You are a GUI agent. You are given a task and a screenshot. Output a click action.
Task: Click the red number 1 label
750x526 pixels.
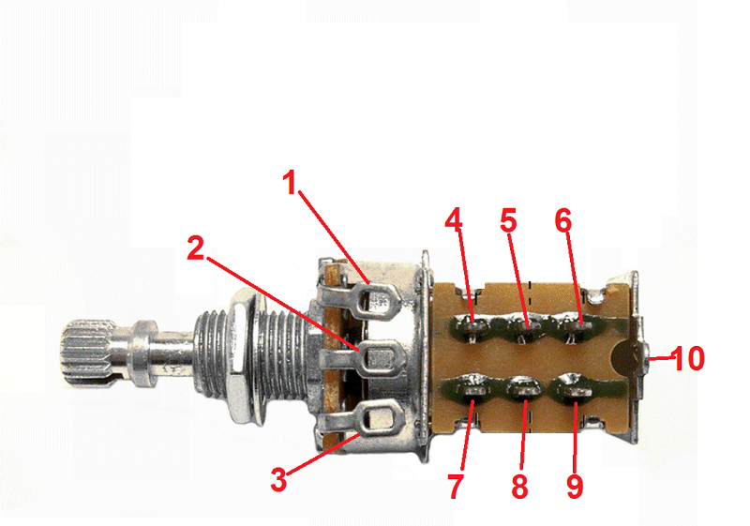pyautogui.click(x=290, y=183)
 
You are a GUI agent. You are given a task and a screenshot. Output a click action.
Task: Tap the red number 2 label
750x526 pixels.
pyautogui.click(x=196, y=248)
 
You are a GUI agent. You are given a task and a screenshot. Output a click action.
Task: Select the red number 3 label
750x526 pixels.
pyautogui.click(x=278, y=479)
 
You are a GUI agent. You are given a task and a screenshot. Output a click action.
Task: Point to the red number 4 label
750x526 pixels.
pyautogui.click(x=454, y=219)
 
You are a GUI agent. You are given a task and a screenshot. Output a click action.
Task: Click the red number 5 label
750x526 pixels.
pyautogui.click(x=508, y=221)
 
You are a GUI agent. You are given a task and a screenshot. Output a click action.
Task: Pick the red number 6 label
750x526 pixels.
pyautogui.click(x=563, y=221)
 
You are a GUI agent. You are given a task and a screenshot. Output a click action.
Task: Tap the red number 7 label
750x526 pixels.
pyautogui.click(x=456, y=487)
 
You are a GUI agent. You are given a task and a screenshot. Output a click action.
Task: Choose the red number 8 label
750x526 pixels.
pyautogui.click(x=520, y=487)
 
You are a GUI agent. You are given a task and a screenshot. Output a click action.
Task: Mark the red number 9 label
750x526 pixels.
pyautogui.click(x=575, y=487)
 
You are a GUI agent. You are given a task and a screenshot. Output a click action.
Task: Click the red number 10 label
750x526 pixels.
pyautogui.click(x=688, y=358)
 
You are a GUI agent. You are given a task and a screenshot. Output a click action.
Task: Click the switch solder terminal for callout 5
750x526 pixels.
pyautogui.click(x=526, y=328)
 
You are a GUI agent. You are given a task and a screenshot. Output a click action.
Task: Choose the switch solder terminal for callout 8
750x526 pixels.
pyautogui.click(x=525, y=391)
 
